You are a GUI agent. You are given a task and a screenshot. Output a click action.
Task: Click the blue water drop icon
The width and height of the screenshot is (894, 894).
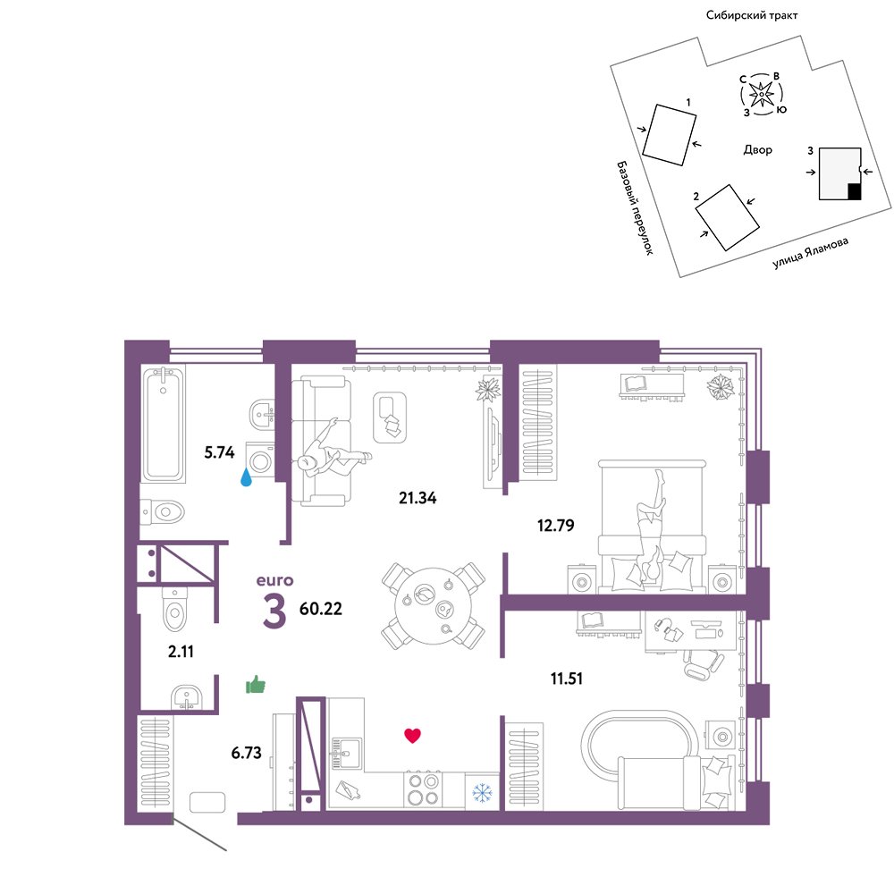tap(246, 477)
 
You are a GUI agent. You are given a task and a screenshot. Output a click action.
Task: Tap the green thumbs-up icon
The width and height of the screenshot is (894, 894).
tap(256, 684)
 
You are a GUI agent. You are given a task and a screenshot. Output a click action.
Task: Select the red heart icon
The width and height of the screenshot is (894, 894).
tap(412, 736)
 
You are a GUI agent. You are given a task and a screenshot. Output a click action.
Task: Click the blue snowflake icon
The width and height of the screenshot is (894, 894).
tap(482, 792)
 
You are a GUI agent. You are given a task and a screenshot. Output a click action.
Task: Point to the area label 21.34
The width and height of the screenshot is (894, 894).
tap(417, 498)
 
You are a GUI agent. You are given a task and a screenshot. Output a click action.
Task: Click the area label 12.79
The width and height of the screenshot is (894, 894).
tap(555, 525)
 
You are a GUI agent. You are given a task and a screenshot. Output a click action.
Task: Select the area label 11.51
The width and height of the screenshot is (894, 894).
tap(566, 679)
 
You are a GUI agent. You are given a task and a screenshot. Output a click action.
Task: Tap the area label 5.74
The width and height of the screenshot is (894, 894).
tap(220, 452)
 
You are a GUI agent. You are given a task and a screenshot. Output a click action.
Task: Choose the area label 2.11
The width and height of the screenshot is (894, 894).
tap(181, 651)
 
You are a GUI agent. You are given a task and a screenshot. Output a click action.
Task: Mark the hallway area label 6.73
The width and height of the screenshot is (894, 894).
tap(247, 753)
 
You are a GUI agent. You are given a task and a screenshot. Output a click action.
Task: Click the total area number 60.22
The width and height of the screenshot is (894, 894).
tap(321, 608)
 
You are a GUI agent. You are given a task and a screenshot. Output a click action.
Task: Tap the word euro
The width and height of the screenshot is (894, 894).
tap(274, 580)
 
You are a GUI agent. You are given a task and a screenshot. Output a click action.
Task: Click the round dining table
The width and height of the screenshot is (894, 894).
tap(434, 607)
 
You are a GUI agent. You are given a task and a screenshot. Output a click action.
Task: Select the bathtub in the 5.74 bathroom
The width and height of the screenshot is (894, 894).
tap(164, 424)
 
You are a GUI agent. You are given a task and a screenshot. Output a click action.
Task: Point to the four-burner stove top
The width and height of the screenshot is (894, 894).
tap(424, 789)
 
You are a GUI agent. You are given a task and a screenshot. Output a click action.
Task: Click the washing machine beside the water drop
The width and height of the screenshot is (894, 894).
tap(260, 460)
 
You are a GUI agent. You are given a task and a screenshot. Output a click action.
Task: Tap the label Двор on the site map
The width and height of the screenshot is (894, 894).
tap(758, 150)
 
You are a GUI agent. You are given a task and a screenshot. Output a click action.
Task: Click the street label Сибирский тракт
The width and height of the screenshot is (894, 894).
tap(752, 15)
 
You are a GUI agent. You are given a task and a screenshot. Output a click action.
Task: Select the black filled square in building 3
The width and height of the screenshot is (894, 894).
tap(854, 191)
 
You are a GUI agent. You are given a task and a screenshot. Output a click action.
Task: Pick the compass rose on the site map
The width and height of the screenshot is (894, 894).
tap(761, 94)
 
